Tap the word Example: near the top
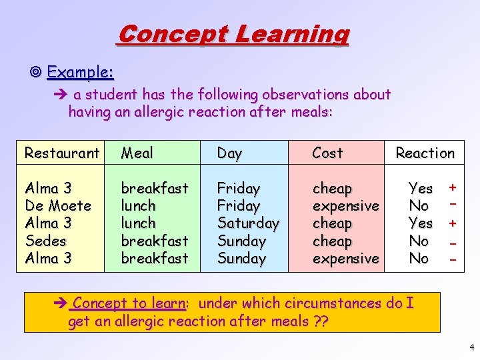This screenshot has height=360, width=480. (80, 71)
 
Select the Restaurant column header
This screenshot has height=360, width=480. (61, 153)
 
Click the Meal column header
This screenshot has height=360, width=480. (137, 153)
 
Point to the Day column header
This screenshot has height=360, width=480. (229, 153)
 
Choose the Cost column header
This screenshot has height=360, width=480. (327, 153)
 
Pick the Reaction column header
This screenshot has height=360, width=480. (425, 153)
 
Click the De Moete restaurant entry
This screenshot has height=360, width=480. (57, 206)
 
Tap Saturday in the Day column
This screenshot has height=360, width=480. (248, 223)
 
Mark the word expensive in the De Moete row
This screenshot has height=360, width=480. (345, 206)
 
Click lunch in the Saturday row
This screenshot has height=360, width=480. (137, 223)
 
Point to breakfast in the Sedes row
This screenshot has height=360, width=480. (154, 241)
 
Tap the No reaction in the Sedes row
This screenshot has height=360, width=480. (419, 241)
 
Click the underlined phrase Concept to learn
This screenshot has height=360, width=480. (129, 303)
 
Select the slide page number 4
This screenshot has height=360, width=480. (470, 347)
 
